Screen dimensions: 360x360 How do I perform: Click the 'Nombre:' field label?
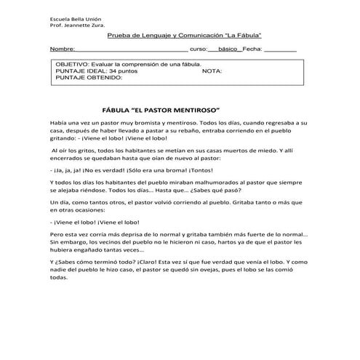pyautogui.click(x=62, y=49)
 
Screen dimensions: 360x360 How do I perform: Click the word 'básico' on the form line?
pyautogui.click(x=230, y=49)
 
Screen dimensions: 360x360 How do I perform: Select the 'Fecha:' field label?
pyautogui.click(x=252, y=49)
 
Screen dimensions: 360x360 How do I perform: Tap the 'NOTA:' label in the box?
pyautogui.click(x=212, y=72)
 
